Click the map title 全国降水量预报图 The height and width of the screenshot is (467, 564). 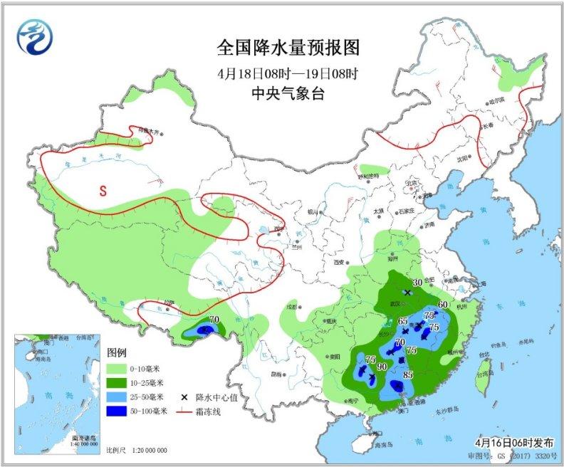click(x=288, y=48)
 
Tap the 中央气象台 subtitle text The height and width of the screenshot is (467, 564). click(x=288, y=93)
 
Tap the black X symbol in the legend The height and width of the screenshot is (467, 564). click(x=184, y=397)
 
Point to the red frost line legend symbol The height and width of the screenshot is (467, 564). click(x=184, y=411)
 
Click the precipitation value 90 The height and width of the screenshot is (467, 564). click(x=382, y=367)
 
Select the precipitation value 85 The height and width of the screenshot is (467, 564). click(x=409, y=375)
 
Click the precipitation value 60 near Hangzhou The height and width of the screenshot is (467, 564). click(x=442, y=305)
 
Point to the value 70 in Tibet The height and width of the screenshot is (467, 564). click(x=213, y=320)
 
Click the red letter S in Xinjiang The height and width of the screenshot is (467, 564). click(x=103, y=190)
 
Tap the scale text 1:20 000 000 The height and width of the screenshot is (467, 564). click(x=147, y=451)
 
